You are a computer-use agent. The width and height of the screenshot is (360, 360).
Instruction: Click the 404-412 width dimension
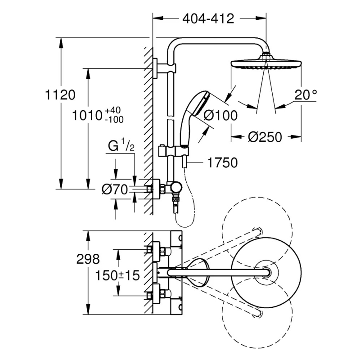click(208, 18)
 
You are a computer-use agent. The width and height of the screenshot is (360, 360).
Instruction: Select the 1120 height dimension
click(60, 94)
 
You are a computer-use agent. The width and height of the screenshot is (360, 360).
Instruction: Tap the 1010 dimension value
click(87, 115)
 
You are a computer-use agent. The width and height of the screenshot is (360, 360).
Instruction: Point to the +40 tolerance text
click(113, 110)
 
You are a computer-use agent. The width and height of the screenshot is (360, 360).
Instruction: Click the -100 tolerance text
click(114, 120)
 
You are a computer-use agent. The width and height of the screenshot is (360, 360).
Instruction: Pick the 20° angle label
click(306, 94)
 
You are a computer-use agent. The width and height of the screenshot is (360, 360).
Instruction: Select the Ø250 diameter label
click(265, 137)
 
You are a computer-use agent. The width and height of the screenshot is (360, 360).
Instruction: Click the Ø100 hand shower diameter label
click(220, 115)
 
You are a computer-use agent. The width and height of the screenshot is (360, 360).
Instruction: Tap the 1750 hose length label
click(222, 162)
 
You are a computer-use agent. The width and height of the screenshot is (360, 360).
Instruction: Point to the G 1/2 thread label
click(121, 146)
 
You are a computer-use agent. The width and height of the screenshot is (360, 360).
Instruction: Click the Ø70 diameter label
click(115, 189)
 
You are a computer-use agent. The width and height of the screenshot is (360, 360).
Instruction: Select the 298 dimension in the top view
click(88, 259)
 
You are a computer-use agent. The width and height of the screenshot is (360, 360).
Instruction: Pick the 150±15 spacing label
click(117, 275)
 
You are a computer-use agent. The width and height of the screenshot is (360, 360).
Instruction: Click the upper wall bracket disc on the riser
click(155, 68)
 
